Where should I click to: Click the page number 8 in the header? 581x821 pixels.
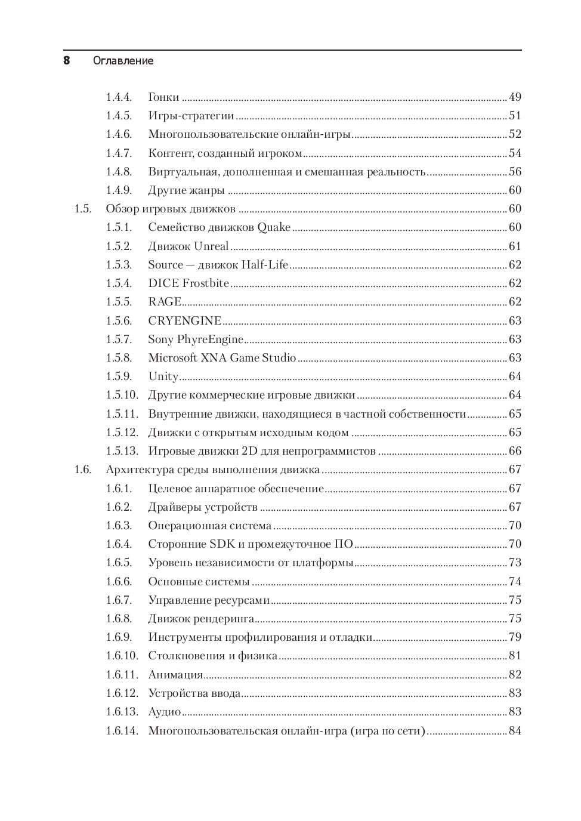pyautogui.click(x=67, y=60)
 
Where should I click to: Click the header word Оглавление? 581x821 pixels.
pyautogui.click(x=123, y=61)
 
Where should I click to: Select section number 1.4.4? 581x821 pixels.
pyautogui.click(x=119, y=97)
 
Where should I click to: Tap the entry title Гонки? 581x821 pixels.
pyautogui.click(x=163, y=97)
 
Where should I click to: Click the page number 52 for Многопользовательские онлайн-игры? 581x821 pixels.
pyautogui.click(x=515, y=134)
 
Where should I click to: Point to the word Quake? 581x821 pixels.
pyautogui.click(x=274, y=227)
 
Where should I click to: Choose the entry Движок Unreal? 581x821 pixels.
pyautogui.click(x=188, y=246)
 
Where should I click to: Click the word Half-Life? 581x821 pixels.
pyautogui.click(x=265, y=265)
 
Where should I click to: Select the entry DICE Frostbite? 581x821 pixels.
pyautogui.click(x=188, y=283)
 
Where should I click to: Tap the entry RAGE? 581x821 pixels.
pyautogui.click(x=165, y=302)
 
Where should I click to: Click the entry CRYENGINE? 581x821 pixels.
pyautogui.click(x=185, y=321)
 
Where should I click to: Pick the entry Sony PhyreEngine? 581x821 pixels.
pyautogui.click(x=196, y=339)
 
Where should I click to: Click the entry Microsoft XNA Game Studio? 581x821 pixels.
pyautogui.click(x=222, y=358)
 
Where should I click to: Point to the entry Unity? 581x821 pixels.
pyautogui.click(x=163, y=376)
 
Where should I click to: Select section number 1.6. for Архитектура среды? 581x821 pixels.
pyautogui.click(x=83, y=470)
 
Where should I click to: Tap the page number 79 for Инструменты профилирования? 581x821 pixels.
pyautogui.click(x=515, y=637)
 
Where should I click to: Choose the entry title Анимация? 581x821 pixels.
pyautogui.click(x=175, y=675)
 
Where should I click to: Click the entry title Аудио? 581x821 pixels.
pyautogui.click(x=165, y=712)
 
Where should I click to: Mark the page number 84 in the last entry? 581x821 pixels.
pyautogui.click(x=515, y=731)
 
